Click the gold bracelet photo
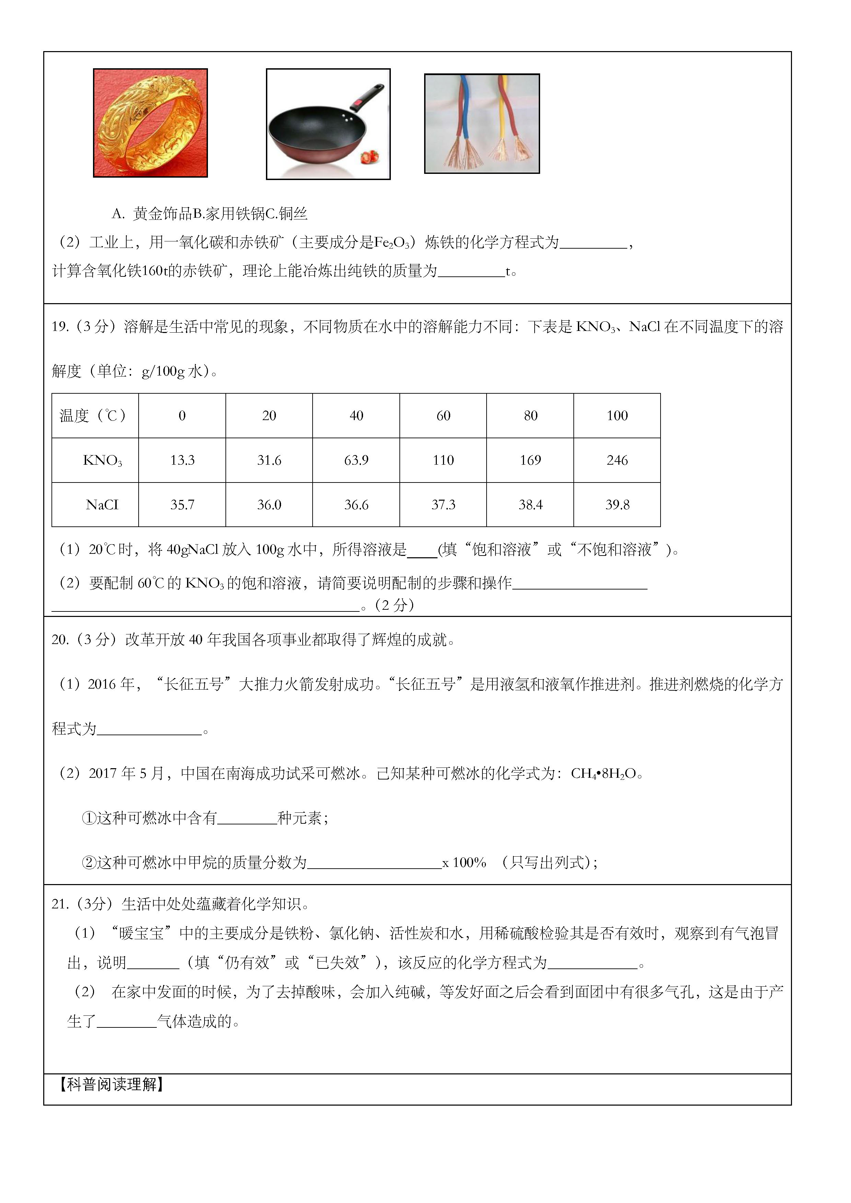(x=151, y=123)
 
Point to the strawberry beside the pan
(x=370, y=156)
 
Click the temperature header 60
(x=443, y=416)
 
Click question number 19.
(x=60, y=327)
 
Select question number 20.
(x=60, y=640)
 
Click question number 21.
(x=60, y=904)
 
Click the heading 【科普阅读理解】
(x=111, y=1084)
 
